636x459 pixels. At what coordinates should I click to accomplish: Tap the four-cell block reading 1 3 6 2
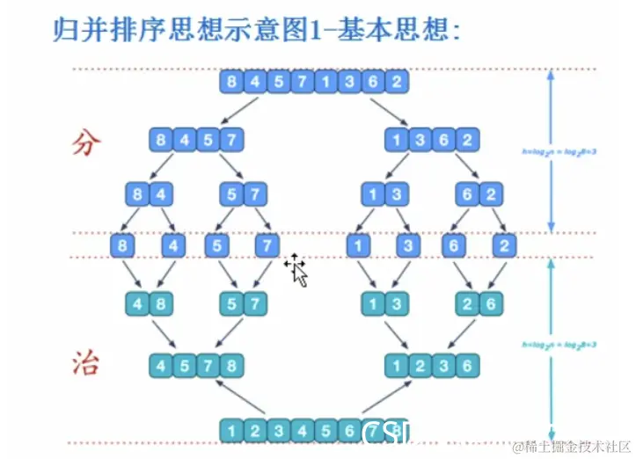(x=431, y=138)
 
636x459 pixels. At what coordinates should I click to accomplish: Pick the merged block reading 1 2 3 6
(x=431, y=363)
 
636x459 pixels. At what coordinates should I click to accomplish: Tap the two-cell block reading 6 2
(x=479, y=193)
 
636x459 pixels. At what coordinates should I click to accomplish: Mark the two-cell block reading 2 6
(x=479, y=304)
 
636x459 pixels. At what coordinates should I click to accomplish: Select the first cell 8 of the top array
(x=232, y=83)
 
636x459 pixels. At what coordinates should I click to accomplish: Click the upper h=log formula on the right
(x=549, y=150)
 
